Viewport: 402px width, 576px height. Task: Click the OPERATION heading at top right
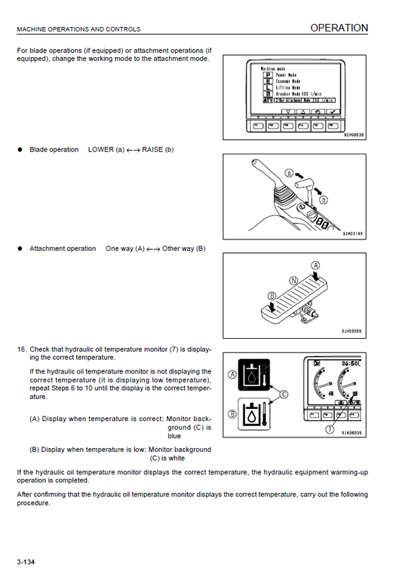(x=339, y=28)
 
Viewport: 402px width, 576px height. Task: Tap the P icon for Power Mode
(x=266, y=75)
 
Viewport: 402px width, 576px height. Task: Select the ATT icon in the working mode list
(x=267, y=99)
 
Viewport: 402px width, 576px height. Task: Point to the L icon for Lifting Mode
(x=266, y=87)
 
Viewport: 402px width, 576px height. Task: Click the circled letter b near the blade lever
(x=324, y=200)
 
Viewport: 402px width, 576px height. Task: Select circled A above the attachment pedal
(x=315, y=265)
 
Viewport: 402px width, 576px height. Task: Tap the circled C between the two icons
(x=284, y=394)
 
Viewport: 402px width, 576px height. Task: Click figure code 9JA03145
(x=352, y=234)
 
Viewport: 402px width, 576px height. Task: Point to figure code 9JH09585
(x=352, y=330)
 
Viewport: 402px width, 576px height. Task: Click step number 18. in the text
(x=22, y=349)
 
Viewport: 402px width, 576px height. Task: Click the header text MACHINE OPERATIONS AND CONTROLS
(x=78, y=29)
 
